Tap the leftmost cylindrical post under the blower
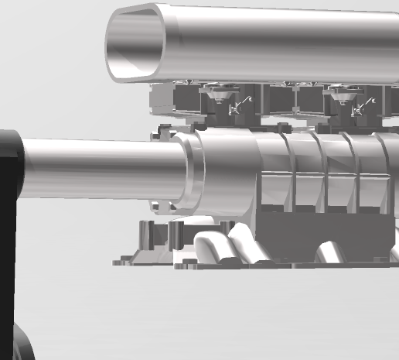click(145, 235)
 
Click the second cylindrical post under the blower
click(177, 235)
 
